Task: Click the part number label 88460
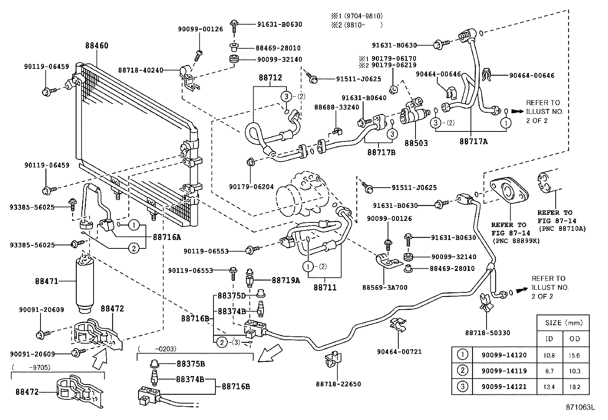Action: [x=97, y=46]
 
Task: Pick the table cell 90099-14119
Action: [x=499, y=371]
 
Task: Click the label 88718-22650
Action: [x=338, y=384]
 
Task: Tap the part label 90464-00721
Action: [x=399, y=352]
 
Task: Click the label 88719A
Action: [x=286, y=280]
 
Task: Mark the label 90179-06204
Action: [x=251, y=187]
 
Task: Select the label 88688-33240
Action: [x=336, y=107]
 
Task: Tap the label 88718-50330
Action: [x=487, y=333]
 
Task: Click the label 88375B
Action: [x=191, y=363]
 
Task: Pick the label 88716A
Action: [x=167, y=237]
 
